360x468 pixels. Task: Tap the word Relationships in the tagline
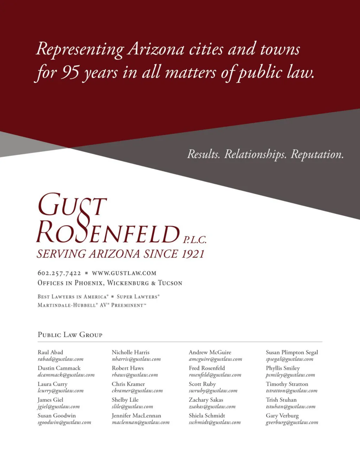tap(255, 154)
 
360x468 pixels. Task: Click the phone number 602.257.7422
tap(59, 273)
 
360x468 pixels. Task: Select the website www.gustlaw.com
tap(124, 273)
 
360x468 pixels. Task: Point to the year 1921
tap(193, 254)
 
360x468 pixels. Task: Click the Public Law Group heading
tap(70, 335)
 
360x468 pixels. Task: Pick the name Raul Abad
tap(50, 352)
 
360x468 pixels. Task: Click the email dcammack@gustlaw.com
tap(66, 375)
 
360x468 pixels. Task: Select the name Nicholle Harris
tap(130, 352)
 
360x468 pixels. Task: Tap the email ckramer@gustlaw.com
tap(137, 391)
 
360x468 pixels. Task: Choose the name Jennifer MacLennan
tap(136, 416)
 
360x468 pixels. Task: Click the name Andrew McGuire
tap(210, 352)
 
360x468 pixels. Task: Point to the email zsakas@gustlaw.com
tap(212, 407)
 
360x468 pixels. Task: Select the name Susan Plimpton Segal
tap(292, 352)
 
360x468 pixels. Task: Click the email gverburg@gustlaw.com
tap(292, 423)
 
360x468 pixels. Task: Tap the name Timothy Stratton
tap(287, 384)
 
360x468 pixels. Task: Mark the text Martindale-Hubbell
tap(67, 305)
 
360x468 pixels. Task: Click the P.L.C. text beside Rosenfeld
tap(194, 240)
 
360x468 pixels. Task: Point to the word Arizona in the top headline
tap(156, 49)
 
